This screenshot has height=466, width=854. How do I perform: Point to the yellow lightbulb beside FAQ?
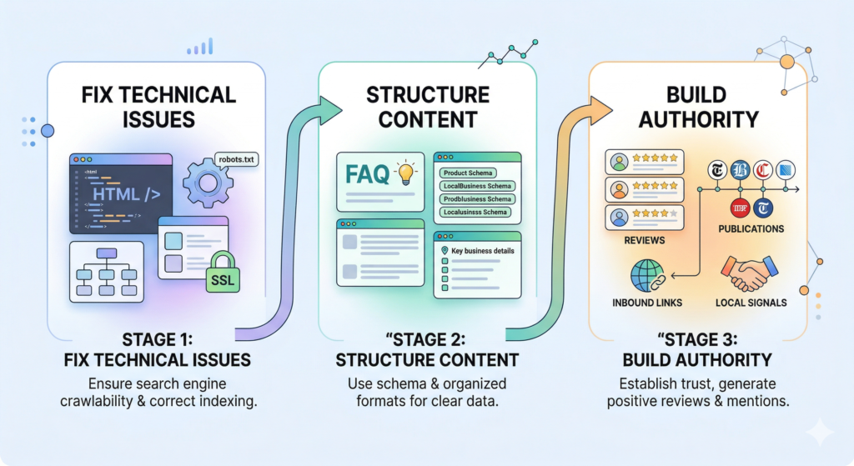406,173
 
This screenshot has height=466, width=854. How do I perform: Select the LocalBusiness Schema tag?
477,186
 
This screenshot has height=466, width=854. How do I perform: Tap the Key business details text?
483,250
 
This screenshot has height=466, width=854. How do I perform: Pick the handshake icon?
750,270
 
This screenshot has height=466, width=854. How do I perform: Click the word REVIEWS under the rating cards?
644,241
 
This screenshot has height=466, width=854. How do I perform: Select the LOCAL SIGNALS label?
751,303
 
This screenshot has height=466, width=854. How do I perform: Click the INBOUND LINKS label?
647,303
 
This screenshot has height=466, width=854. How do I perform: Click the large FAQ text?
367,174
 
